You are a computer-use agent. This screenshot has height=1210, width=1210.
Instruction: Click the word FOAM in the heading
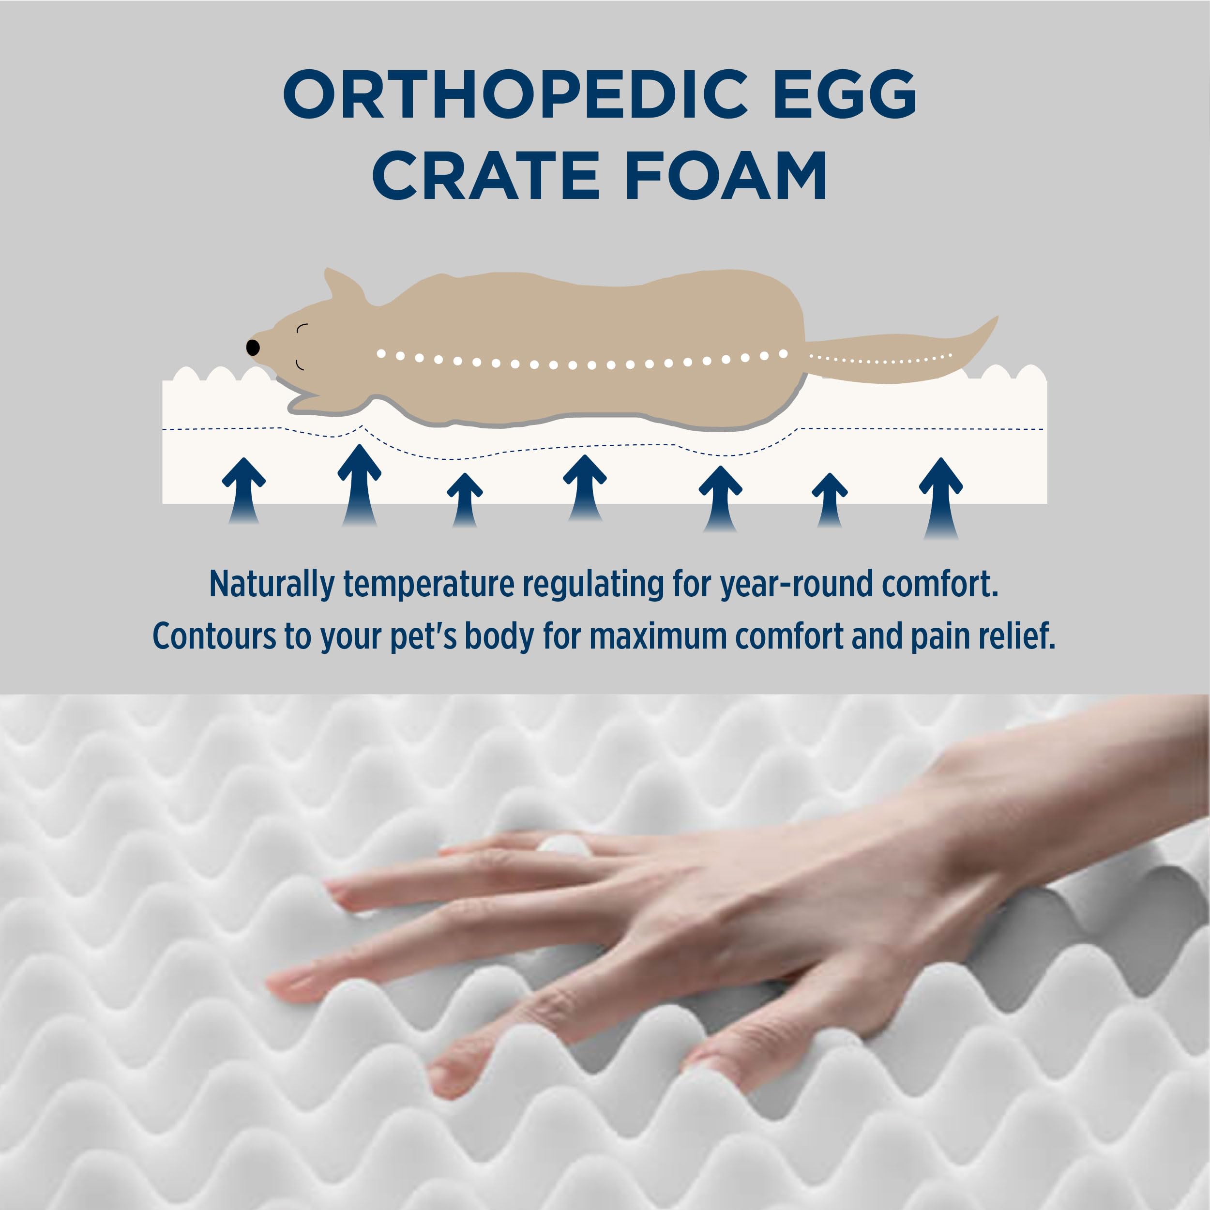tap(726, 176)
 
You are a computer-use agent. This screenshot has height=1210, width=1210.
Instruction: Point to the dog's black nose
tap(253, 347)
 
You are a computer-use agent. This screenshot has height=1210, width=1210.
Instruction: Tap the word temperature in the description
tap(428, 584)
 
